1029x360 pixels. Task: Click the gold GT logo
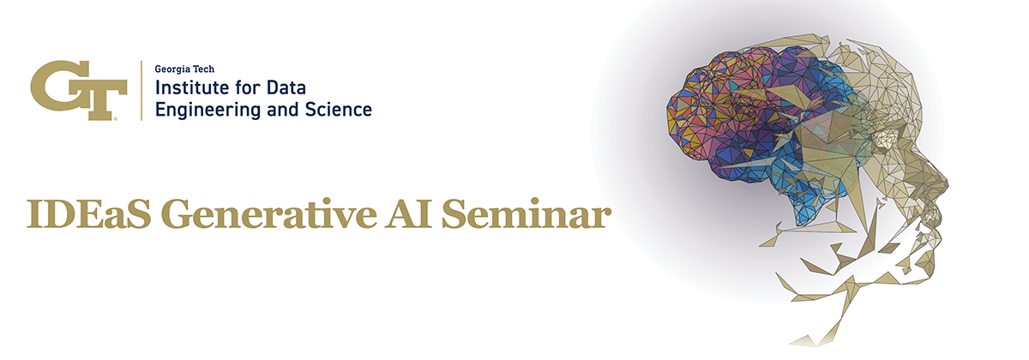[79, 90]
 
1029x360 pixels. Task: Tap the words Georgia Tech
[184, 69]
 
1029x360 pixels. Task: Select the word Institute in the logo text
[192, 87]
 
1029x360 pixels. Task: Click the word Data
[286, 87]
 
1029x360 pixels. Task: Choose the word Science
[339, 110]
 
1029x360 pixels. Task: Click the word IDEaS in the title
[88, 214]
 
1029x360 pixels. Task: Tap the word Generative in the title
[268, 214]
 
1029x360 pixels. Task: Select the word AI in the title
[408, 214]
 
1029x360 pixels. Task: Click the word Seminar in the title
[526, 214]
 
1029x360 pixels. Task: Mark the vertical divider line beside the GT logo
[141, 91]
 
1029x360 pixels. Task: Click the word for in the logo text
[248, 87]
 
